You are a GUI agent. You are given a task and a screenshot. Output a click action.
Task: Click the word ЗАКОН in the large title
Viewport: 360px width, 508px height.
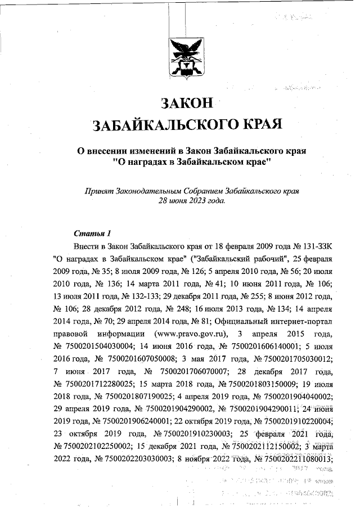pos(187,103)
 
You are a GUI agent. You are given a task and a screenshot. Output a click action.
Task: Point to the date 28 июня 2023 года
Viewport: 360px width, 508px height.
pos(192,200)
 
